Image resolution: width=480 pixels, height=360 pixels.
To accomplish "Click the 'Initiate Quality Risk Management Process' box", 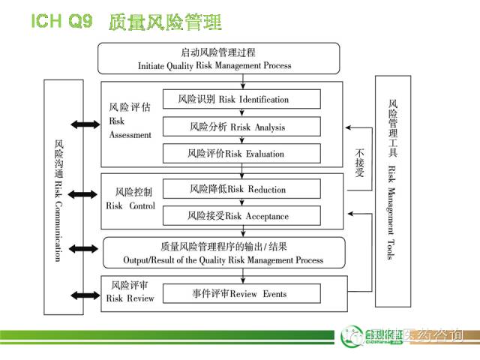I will point(218,58).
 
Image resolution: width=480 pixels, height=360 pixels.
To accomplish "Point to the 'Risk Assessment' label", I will point(130,121).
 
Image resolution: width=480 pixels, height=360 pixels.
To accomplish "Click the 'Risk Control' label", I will point(130,199).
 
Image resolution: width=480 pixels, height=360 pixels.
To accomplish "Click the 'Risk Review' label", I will point(130,292).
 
